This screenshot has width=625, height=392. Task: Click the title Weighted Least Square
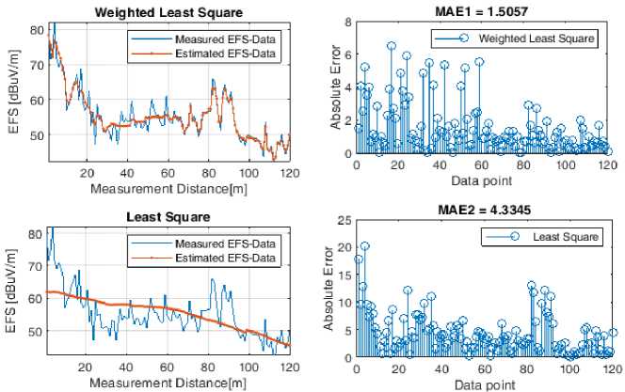(168, 12)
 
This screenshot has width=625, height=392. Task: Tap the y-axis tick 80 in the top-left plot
(35, 29)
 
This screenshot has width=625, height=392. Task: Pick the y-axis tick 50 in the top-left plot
(35, 135)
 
